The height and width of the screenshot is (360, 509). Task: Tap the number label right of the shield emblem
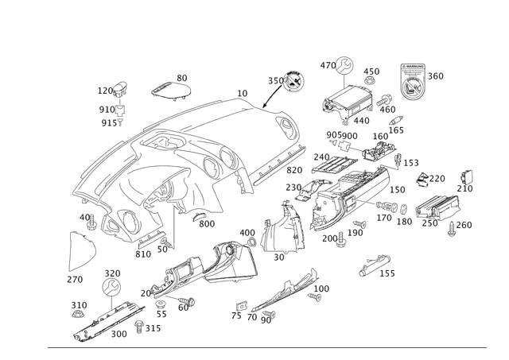[437, 75]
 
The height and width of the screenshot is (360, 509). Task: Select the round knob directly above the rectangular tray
[344, 66]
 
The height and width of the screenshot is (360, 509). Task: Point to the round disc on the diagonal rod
[293, 78]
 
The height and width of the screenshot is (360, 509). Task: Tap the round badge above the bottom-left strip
[112, 283]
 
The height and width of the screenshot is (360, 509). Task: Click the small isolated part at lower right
[375, 265]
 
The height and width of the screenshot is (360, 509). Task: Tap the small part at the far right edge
[469, 176]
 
